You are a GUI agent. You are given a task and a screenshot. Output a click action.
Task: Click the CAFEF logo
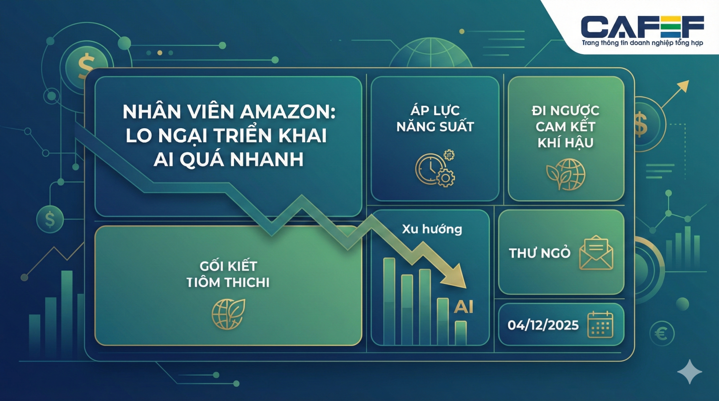pyautogui.click(x=642, y=27)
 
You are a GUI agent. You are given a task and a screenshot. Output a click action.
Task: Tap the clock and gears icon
pyautogui.click(x=435, y=169)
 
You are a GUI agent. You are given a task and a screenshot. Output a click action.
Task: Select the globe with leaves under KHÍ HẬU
pyautogui.click(x=566, y=174)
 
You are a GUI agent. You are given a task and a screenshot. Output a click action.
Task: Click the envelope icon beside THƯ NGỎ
pyautogui.click(x=596, y=253)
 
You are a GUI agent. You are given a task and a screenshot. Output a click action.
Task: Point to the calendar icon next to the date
pyautogui.click(x=600, y=324)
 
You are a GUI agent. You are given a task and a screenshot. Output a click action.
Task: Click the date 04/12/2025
pyautogui.click(x=543, y=325)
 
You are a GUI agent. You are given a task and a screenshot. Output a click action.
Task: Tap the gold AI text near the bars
pyautogui.click(x=463, y=307)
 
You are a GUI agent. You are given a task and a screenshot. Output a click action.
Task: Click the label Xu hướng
pyautogui.click(x=432, y=229)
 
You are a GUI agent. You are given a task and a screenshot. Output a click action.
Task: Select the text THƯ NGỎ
pyautogui.click(x=539, y=253)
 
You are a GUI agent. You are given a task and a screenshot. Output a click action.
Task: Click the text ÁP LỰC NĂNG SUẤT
pyautogui.click(x=435, y=118)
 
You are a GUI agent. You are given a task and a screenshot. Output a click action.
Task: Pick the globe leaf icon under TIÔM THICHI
pyautogui.click(x=228, y=314)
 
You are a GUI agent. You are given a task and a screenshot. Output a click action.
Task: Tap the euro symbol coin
pyautogui.click(x=661, y=334)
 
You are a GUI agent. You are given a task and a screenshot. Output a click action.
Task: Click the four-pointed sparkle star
pyautogui.click(x=690, y=372)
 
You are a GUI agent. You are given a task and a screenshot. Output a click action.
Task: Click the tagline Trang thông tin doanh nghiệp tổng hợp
pyautogui.click(x=642, y=43)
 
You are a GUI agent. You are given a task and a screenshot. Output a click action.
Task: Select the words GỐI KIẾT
pyautogui.click(x=228, y=266)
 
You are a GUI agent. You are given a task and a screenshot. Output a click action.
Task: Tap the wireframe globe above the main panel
pyautogui.click(x=430, y=54)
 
